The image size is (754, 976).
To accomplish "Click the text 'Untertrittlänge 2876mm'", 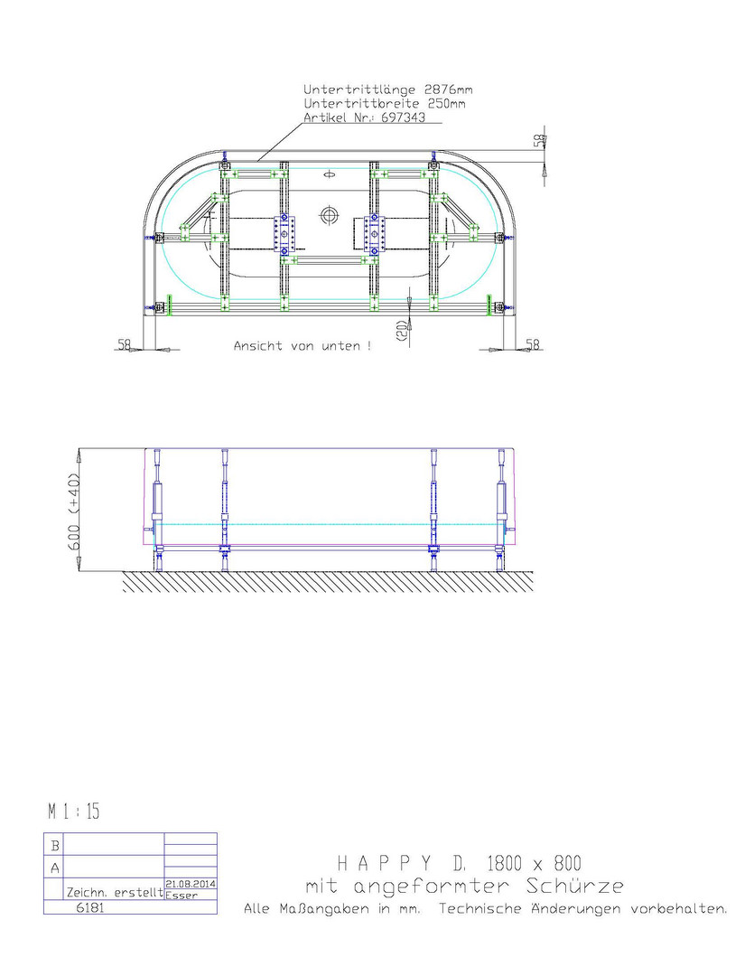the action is coord(387,89).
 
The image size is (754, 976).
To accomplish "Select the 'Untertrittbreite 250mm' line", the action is coord(384,103).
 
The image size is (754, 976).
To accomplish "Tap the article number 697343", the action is coord(403,117).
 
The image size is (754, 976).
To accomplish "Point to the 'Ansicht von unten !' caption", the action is coord(303,345).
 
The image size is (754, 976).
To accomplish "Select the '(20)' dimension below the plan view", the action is coord(401,331).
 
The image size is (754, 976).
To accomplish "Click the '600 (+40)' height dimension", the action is coord(73,512).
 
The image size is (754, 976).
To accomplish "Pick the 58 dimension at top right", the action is coord(539,140).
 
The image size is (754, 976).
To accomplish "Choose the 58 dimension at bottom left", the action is coord(125,343).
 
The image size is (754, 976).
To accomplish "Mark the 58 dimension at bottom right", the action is coord(533,343).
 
